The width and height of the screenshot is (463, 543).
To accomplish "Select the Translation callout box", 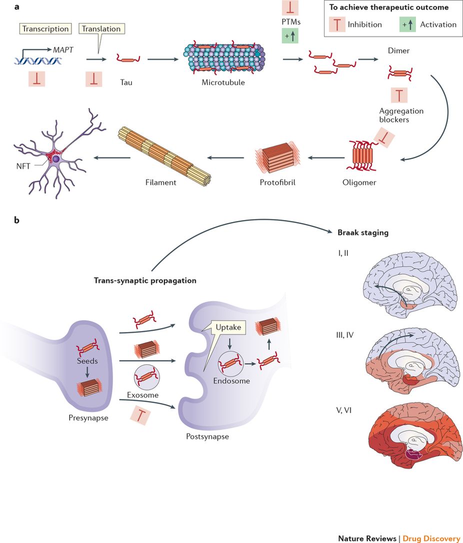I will click(101, 29).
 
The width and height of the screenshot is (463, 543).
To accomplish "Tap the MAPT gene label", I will click(57, 50).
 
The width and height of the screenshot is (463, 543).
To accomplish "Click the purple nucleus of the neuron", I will click(56, 158).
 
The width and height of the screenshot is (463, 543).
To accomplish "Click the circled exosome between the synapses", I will click(146, 375).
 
